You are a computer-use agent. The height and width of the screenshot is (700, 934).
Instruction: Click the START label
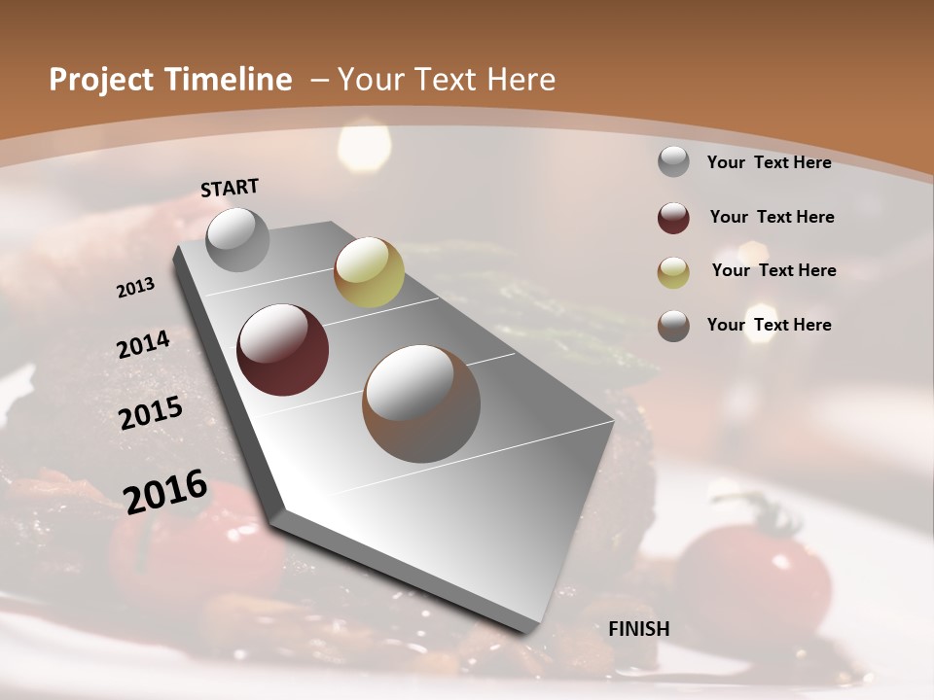230,188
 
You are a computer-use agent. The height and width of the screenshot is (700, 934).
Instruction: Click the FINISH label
638,629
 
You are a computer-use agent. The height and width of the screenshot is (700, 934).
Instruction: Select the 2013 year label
135,288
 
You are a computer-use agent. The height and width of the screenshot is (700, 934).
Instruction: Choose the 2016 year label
165,491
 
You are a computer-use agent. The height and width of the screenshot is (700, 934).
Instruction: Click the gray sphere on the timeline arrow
237,239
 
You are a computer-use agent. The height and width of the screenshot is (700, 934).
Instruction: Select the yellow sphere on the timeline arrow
369,272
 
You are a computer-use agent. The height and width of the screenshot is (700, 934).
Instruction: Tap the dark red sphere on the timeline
282,350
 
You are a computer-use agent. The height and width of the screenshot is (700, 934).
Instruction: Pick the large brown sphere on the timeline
421,403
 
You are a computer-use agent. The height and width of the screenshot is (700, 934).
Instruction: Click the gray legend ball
673,162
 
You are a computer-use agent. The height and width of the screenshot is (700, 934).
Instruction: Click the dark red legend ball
673,218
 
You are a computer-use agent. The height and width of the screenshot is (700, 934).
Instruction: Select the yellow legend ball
673,271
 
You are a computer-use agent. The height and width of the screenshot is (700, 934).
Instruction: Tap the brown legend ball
673,326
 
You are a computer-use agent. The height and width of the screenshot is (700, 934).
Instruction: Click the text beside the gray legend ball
769,162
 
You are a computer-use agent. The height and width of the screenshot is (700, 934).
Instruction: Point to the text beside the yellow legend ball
773,270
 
